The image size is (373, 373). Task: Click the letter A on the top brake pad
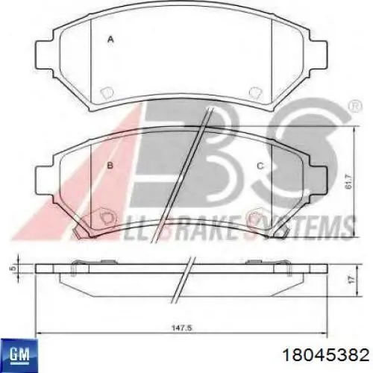[110, 39]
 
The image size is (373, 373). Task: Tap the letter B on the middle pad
[110, 166]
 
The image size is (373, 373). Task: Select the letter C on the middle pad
[260, 166]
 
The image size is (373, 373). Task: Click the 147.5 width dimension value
[182, 328]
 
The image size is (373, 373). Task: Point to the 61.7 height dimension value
[349, 181]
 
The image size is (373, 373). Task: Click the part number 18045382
[326, 354]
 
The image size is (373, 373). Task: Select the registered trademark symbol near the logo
[355, 106]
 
